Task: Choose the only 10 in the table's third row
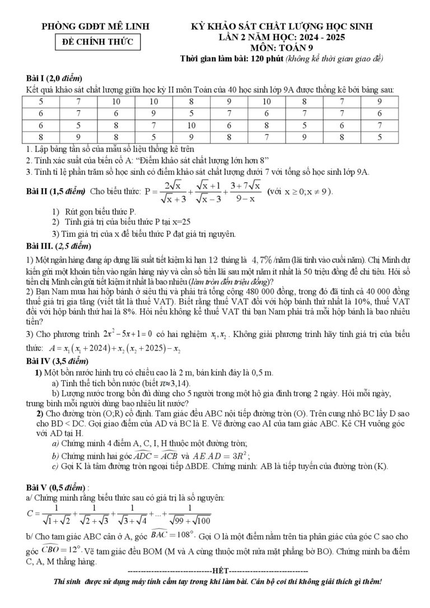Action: [191, 125]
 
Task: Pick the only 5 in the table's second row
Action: [191, 114]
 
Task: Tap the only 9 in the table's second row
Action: [153, 114]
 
